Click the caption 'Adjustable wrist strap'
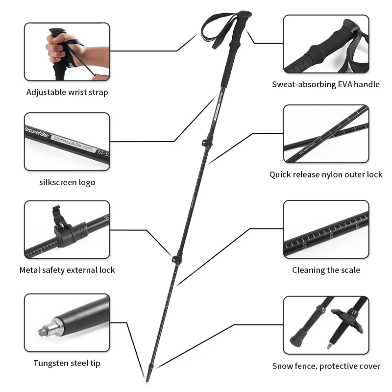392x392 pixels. [67, 92]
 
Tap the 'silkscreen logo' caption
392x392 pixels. [67, 182]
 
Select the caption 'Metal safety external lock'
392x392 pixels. [67, 270]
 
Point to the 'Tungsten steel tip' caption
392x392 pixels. [67, 363]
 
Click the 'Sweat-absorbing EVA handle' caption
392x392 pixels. [326, 84]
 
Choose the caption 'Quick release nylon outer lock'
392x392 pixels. [326, 174]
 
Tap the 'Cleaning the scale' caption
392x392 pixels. [326, 270]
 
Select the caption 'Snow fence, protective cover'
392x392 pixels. [326, 366]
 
